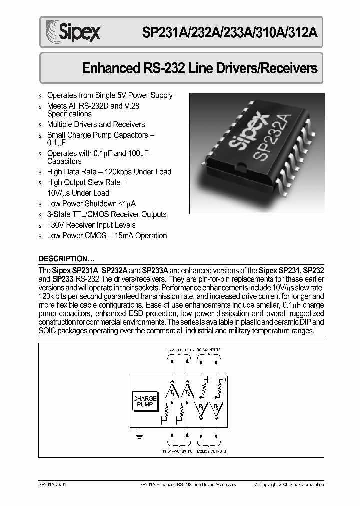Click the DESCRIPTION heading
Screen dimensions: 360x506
(x=66, y=259)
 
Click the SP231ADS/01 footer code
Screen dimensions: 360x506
(x=52, y=485)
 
